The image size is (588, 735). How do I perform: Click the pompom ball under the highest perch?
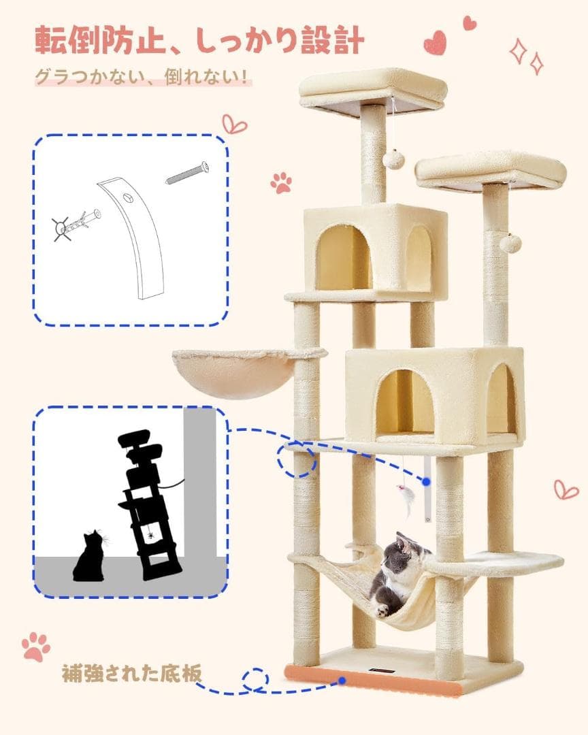tap(393, 160)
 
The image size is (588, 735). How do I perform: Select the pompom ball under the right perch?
tap(510, 243)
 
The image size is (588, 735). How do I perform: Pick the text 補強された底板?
tap(132, 674)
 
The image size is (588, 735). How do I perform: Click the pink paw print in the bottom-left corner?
tap(36, 646)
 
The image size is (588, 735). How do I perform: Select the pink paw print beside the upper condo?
tap(281, 182)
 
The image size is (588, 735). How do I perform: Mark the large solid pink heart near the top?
tap(435, 43)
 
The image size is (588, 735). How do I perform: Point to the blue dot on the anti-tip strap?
tap(426, 481)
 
